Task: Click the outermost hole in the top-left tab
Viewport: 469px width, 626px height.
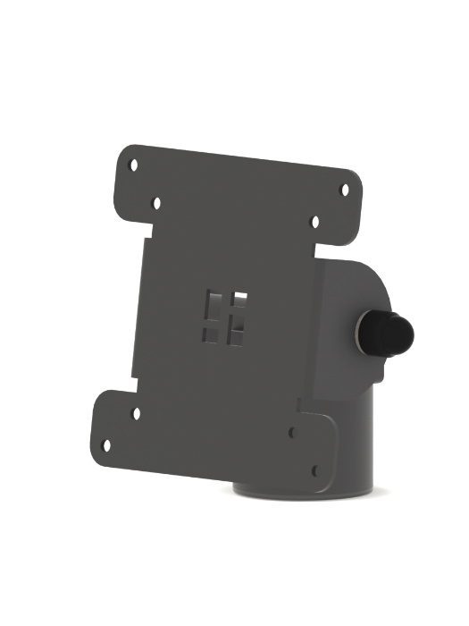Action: click(x=133, y=165)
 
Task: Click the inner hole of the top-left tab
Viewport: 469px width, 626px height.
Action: click(x=156, y=204)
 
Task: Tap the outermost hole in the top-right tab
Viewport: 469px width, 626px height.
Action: click(x=345, y=189)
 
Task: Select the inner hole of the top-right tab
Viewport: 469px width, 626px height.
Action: click(x=314, y=219)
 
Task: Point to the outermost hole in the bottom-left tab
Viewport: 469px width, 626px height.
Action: click(x=106, y=444)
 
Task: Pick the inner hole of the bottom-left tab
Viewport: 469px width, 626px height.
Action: click(x=136, y=413)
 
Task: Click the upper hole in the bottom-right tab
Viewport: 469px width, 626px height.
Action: click(x=292, y=432)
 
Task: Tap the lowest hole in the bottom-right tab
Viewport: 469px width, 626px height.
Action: click(x=314, y=468)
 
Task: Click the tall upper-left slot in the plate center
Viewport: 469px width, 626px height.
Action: click(x=213, y=304)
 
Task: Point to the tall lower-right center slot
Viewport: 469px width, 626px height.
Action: click(x=235, y=332)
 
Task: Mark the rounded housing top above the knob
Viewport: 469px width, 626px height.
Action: click(x=357, y=268)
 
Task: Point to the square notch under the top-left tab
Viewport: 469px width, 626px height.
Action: click(x=143, y=234)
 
